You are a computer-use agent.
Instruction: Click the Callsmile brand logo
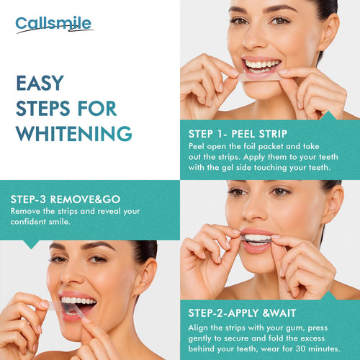click(x=53, y=24)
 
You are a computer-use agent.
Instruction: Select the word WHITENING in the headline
click(x=73, y=133)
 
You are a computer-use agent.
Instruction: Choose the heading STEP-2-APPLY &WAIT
click(x=248, y=312)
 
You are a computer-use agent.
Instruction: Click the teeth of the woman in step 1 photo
click(x=261, y=66)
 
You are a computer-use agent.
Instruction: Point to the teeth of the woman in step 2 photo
click(x=258, y=238)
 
